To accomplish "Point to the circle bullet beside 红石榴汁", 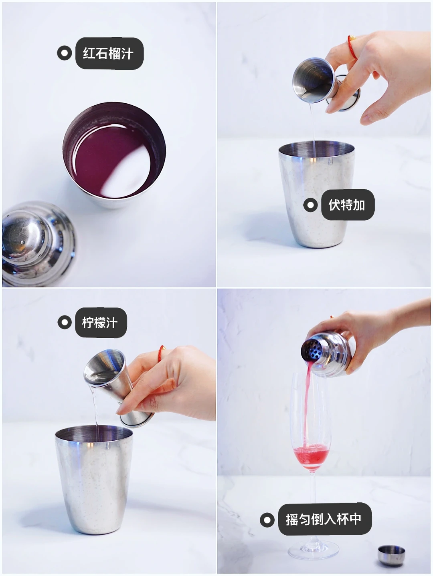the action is pyautogui.click(x=65, y=53).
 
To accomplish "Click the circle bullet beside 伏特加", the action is pyautogui.click(x=310, y=205).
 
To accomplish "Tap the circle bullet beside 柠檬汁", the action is pyautogui.click(x=65, y=322).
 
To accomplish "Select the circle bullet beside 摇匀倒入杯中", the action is pyautogui.click(x=267, y=520).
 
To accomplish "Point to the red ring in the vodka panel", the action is pyautogui.click(x=352, y=46).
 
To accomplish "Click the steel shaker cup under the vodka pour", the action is pyautogui.click(x=317, y=194).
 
